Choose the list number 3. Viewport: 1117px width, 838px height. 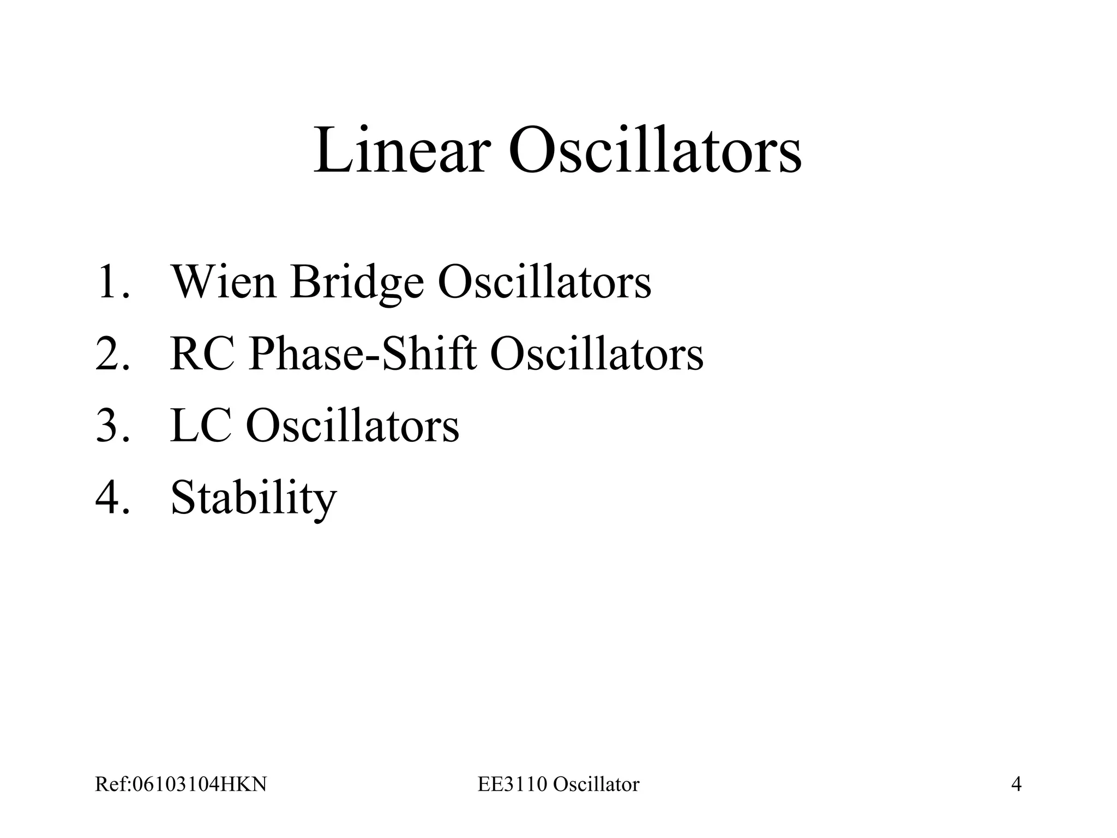112,426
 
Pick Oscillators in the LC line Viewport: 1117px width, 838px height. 352,426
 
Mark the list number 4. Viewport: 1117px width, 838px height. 112,498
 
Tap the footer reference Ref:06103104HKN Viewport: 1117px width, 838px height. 181,785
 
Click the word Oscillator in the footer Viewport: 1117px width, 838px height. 596,785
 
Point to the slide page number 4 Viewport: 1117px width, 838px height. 1016,785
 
